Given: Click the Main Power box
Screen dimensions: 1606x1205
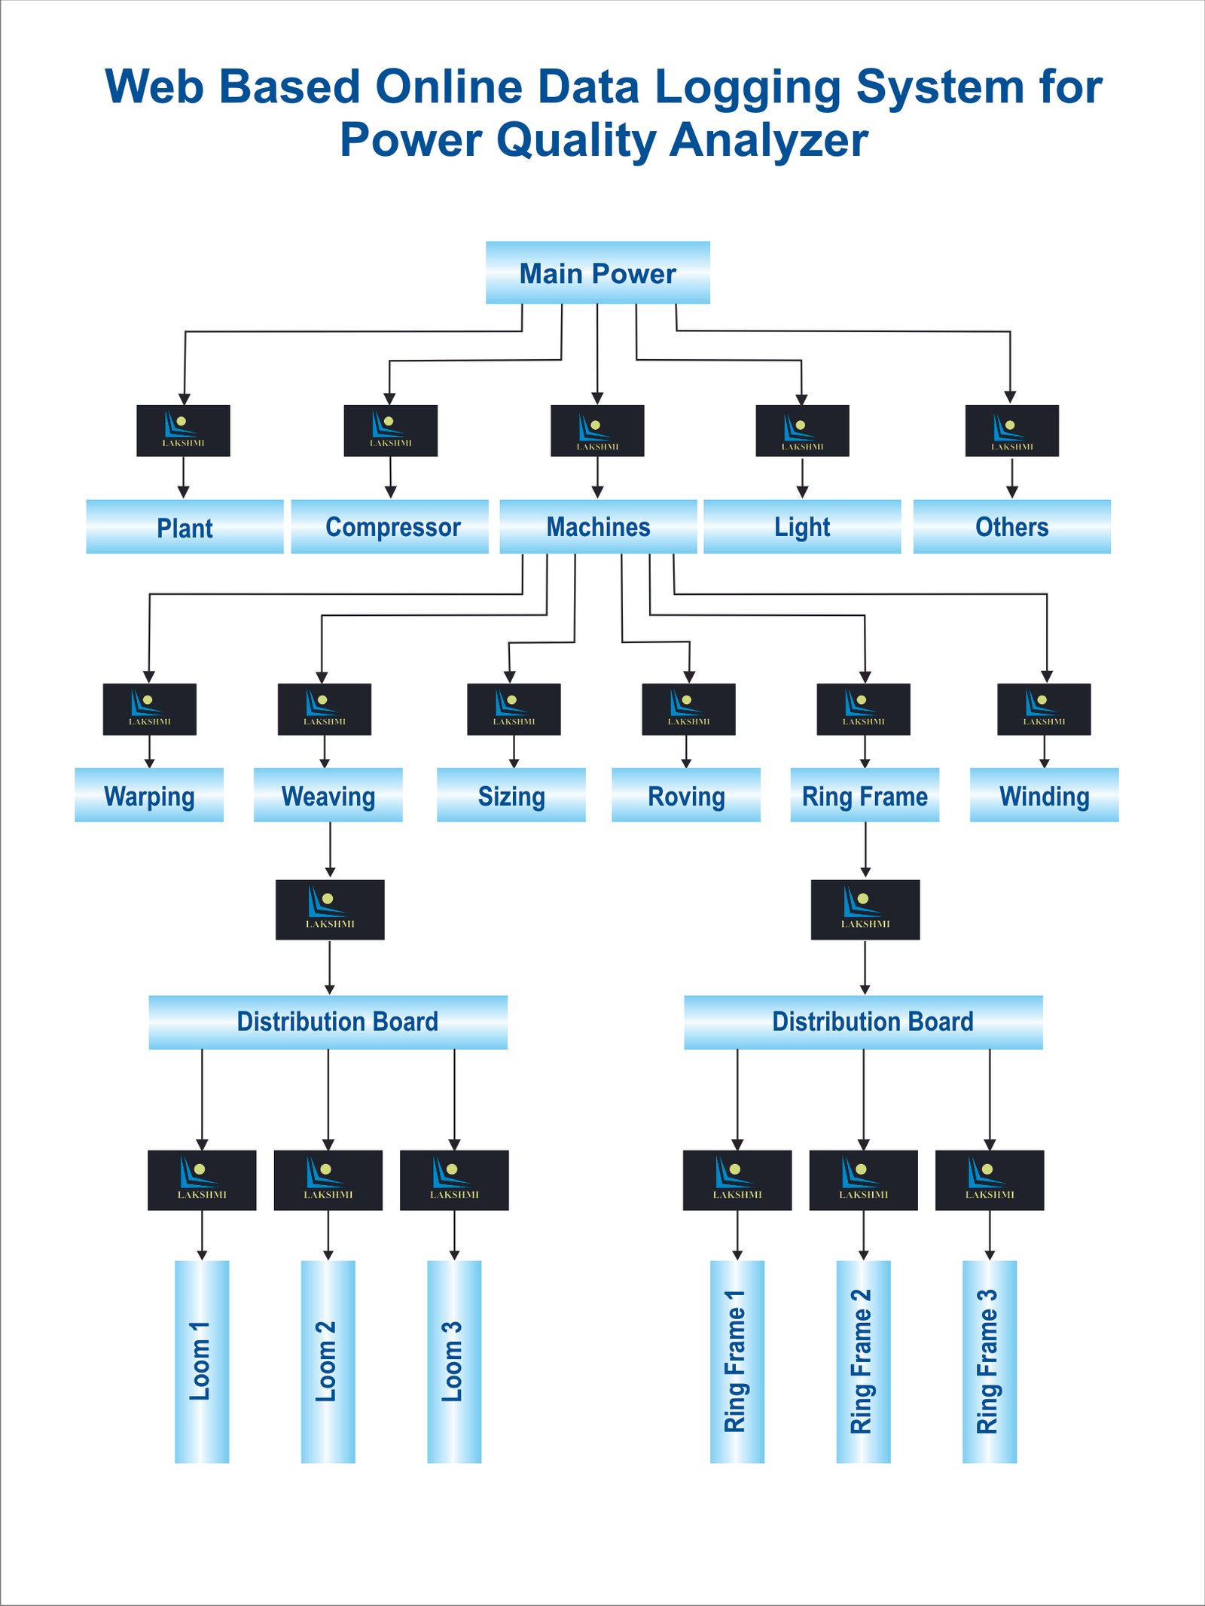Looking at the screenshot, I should pyautogui.click(x=597, y=273).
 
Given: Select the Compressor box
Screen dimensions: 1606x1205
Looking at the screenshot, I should pyautogui.click(x=389, y=526).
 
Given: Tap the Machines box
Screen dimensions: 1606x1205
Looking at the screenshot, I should pyautogui.click(x=598, y=526).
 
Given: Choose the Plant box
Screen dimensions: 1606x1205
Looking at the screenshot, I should pyautogui.click(x=185, y=526).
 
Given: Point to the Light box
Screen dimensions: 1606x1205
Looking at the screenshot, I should pyautogui.click(x=802, y=526).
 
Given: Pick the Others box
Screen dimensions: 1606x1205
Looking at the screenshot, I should pyautogui.click(x=1011, y=526).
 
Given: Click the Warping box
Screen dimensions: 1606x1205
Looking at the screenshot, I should pyautogui.click(x=149, y=795).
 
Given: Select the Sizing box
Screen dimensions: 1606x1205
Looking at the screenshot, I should pyautogui.click(x=511, y=795).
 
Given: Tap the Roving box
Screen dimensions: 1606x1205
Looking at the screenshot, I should pyautogui.click(x=685, y=795).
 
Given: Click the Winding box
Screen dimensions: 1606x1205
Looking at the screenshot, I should pyautogui.click(x=1044, y=795).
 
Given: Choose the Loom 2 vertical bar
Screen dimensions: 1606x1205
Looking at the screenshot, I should pyautogui.click(x=328, y=1361).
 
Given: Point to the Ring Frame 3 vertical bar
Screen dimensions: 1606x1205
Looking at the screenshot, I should pyautogui.click(x=989, y=1361).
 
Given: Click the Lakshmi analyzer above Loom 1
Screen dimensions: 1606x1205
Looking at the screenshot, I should pyautogui.click(x=202, y=1180).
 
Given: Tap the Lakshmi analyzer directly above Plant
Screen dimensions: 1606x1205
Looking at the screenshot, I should pyautogui.click(x=183, y=431).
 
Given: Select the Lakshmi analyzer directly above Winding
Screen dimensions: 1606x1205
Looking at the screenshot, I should pyautogui.click(x=1044, y=709).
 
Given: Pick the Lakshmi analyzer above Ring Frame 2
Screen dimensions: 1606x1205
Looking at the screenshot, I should pyautogui.click(x=863, y=1180).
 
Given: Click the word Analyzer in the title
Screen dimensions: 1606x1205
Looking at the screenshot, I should pyautogui.click(x=768, y=140).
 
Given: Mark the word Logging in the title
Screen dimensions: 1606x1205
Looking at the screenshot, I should pyautogui.click(x=747, y=87).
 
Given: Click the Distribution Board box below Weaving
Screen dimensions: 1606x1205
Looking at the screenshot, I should pyautogui.click(x=328, y=1022).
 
